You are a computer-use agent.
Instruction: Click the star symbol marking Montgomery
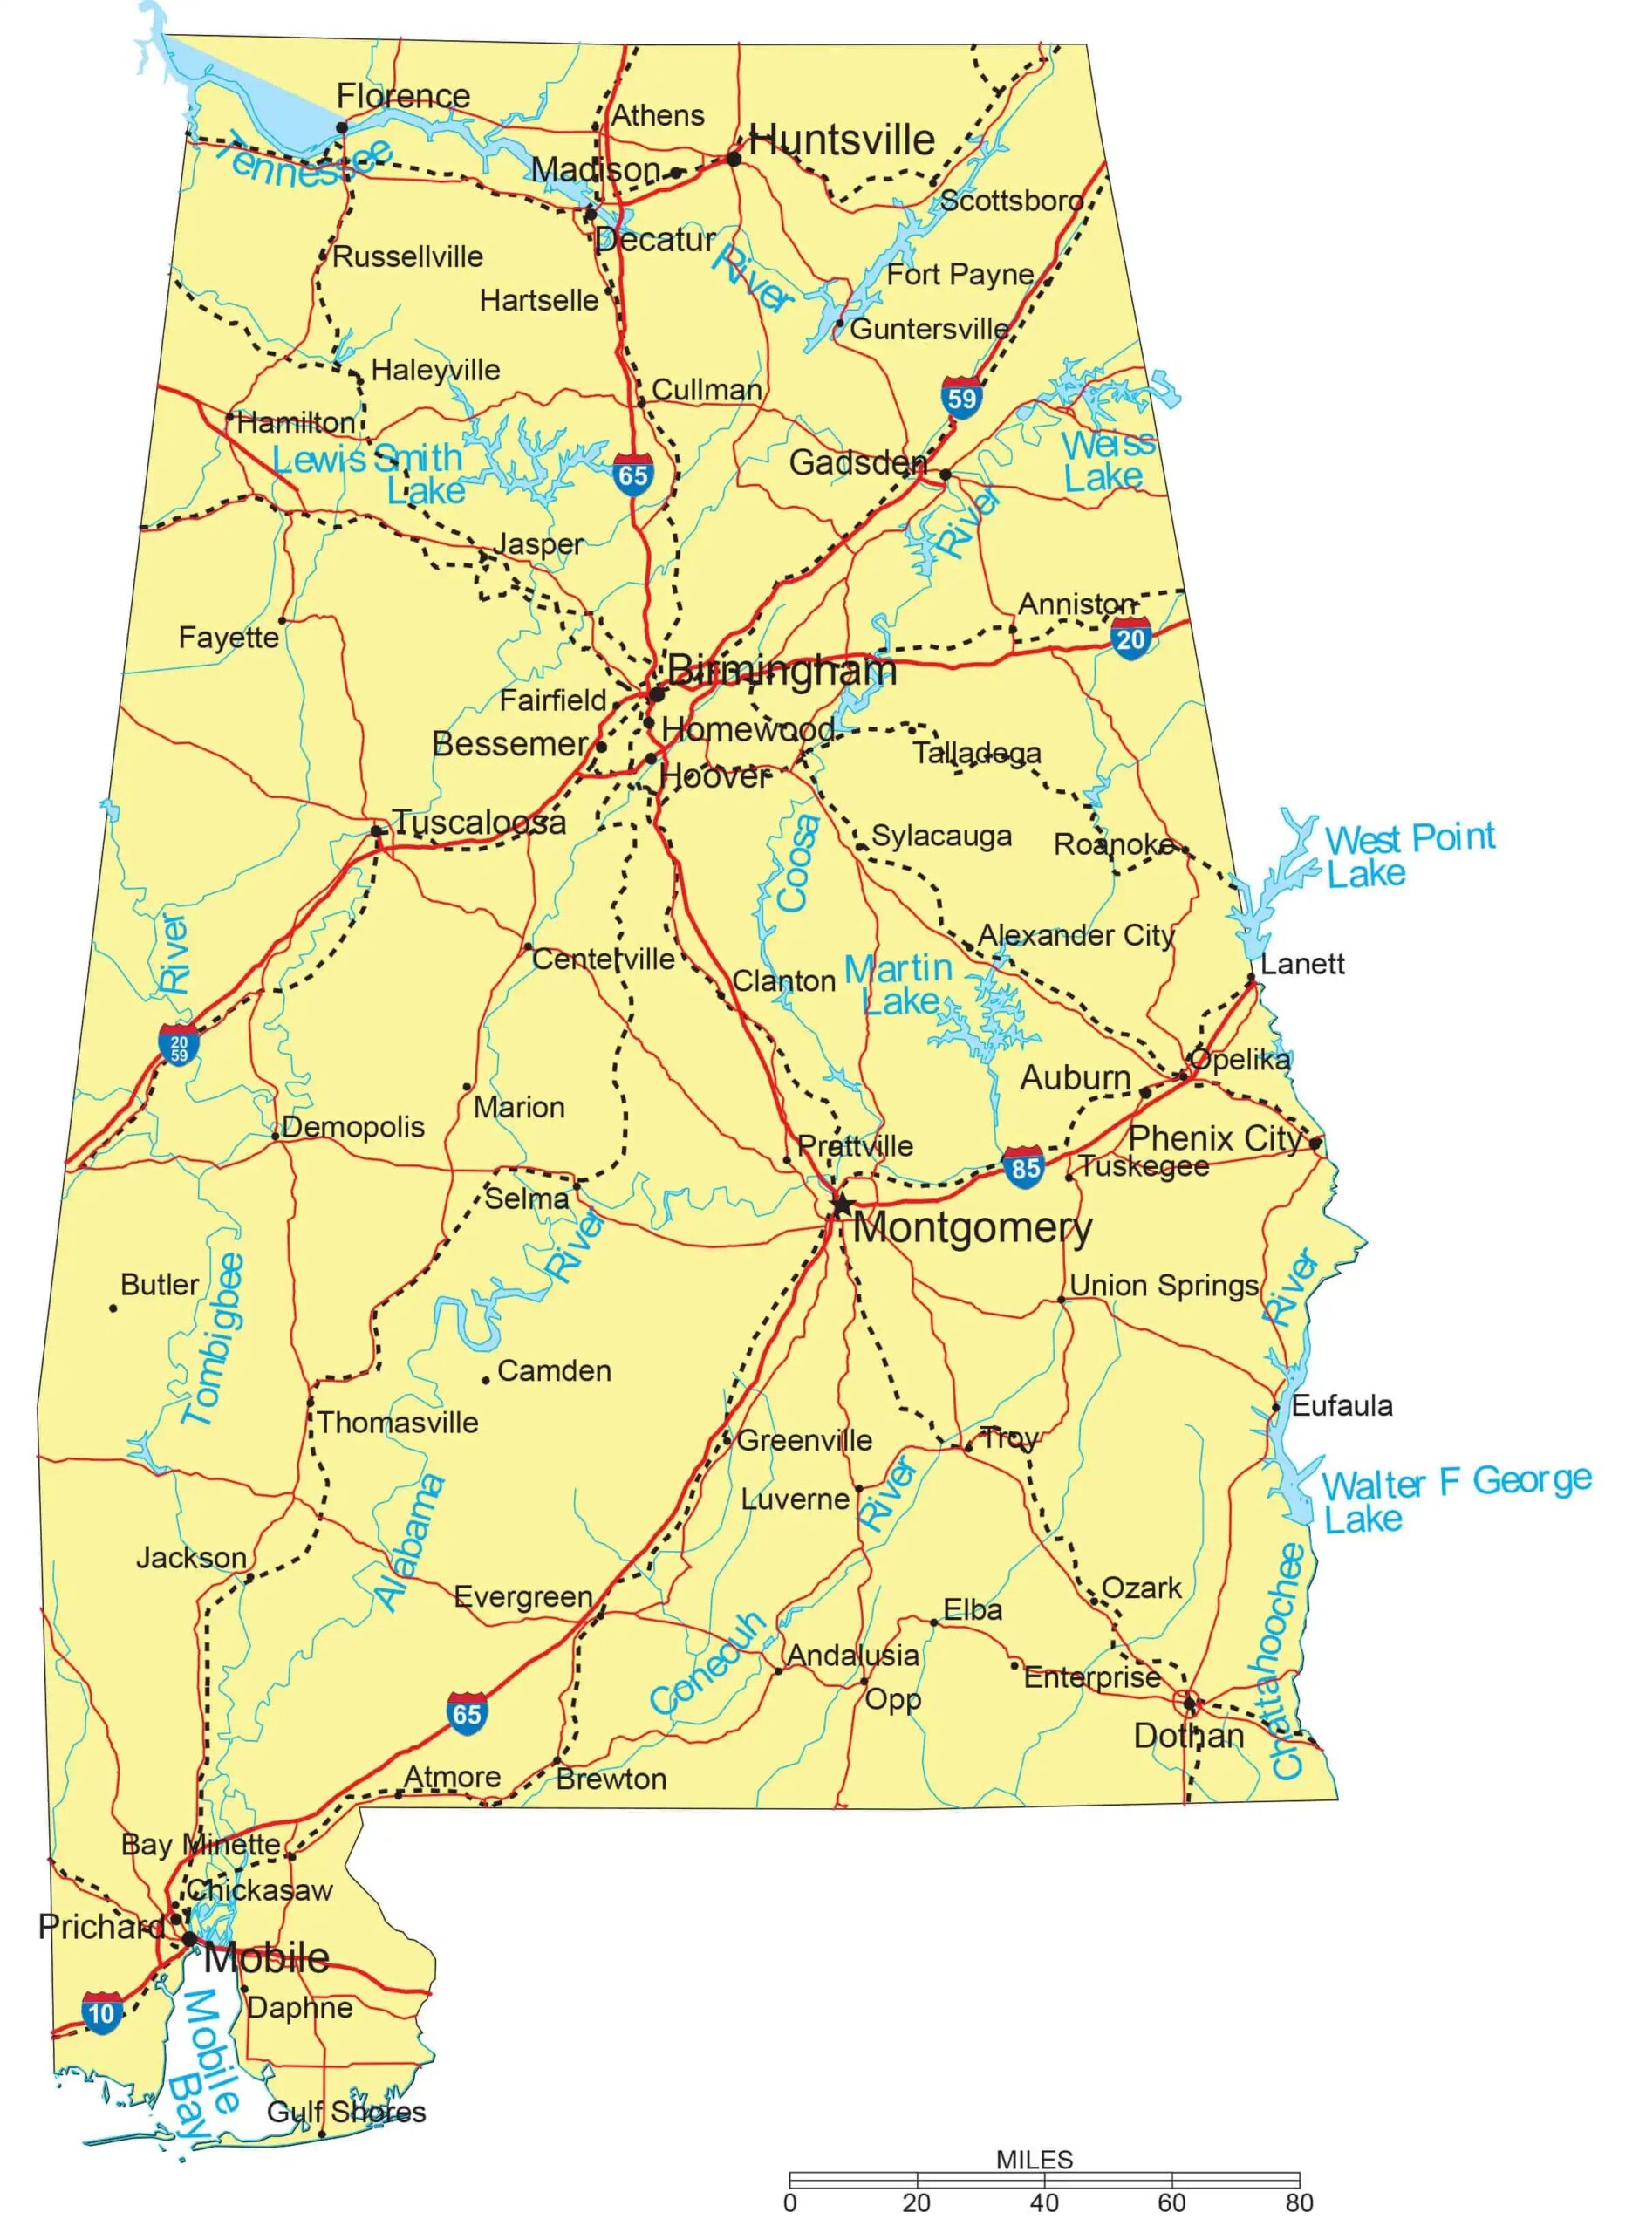(x=842, y=1204)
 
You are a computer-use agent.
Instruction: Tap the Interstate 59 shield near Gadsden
(x=960, y=399)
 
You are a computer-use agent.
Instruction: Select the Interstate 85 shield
(x=1024, y=1167)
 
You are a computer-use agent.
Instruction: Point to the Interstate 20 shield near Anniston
(x=1130, y=638)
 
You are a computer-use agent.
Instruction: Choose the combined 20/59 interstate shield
(x=178, y=1044)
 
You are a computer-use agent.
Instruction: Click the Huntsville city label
(x=841, y=140)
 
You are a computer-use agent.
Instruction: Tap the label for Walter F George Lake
(x=1455, y=1499)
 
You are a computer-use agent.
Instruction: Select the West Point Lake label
(x=1409, y=854)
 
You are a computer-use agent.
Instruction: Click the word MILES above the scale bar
(x=1035, y=2159)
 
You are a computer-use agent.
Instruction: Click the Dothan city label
(x=1188, y=1736)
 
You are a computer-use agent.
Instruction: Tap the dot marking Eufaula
(x=1275, y=1408)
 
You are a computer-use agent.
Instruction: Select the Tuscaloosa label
(x=478, y=822)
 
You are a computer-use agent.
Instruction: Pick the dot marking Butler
(x=113, y=1308)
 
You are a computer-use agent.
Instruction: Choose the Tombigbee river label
(x=213, y=1339)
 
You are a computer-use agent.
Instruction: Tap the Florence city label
(x=402, y=96)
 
